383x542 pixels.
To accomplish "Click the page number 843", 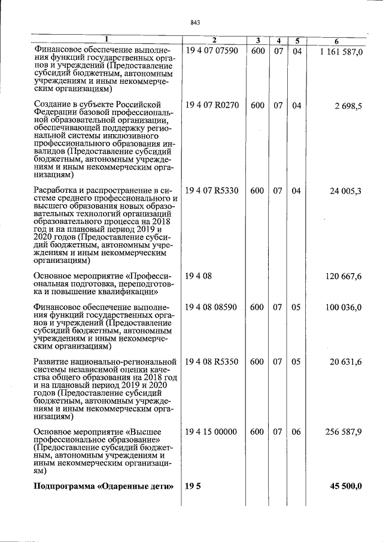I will (x=194, y=22).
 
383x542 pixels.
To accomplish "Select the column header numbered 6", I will (x=337, y=41).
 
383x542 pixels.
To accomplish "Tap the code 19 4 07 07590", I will (x=212, y=51).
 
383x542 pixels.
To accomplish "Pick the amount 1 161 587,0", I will (x=341, y=53).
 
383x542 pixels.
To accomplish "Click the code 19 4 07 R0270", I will (x=212, y=105).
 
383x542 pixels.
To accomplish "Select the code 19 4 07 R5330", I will (x=212, y=191).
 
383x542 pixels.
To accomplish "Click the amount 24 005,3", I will (x=346, y=191).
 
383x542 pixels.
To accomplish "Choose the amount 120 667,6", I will (x=344, y=276).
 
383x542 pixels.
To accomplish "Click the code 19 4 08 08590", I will (x=212, y=307).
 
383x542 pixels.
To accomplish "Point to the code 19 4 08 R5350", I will (x=212, y=362).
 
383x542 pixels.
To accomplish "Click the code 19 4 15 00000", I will (x=212, y=432).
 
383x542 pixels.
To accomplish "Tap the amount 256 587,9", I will (x=344, y=432).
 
